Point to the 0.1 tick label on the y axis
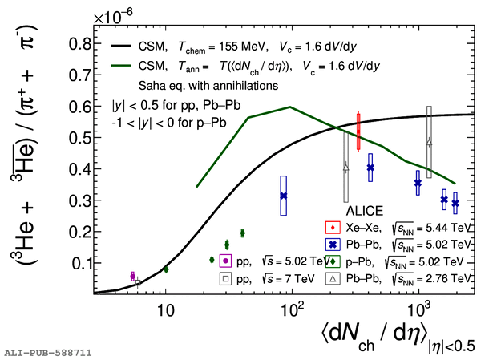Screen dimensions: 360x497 [77, 263]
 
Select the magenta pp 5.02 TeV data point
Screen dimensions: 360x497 [133, 276]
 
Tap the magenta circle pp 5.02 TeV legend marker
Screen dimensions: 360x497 [226, 261]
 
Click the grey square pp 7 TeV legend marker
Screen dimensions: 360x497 [226, 278]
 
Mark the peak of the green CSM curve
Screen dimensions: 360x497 [289, 107]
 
